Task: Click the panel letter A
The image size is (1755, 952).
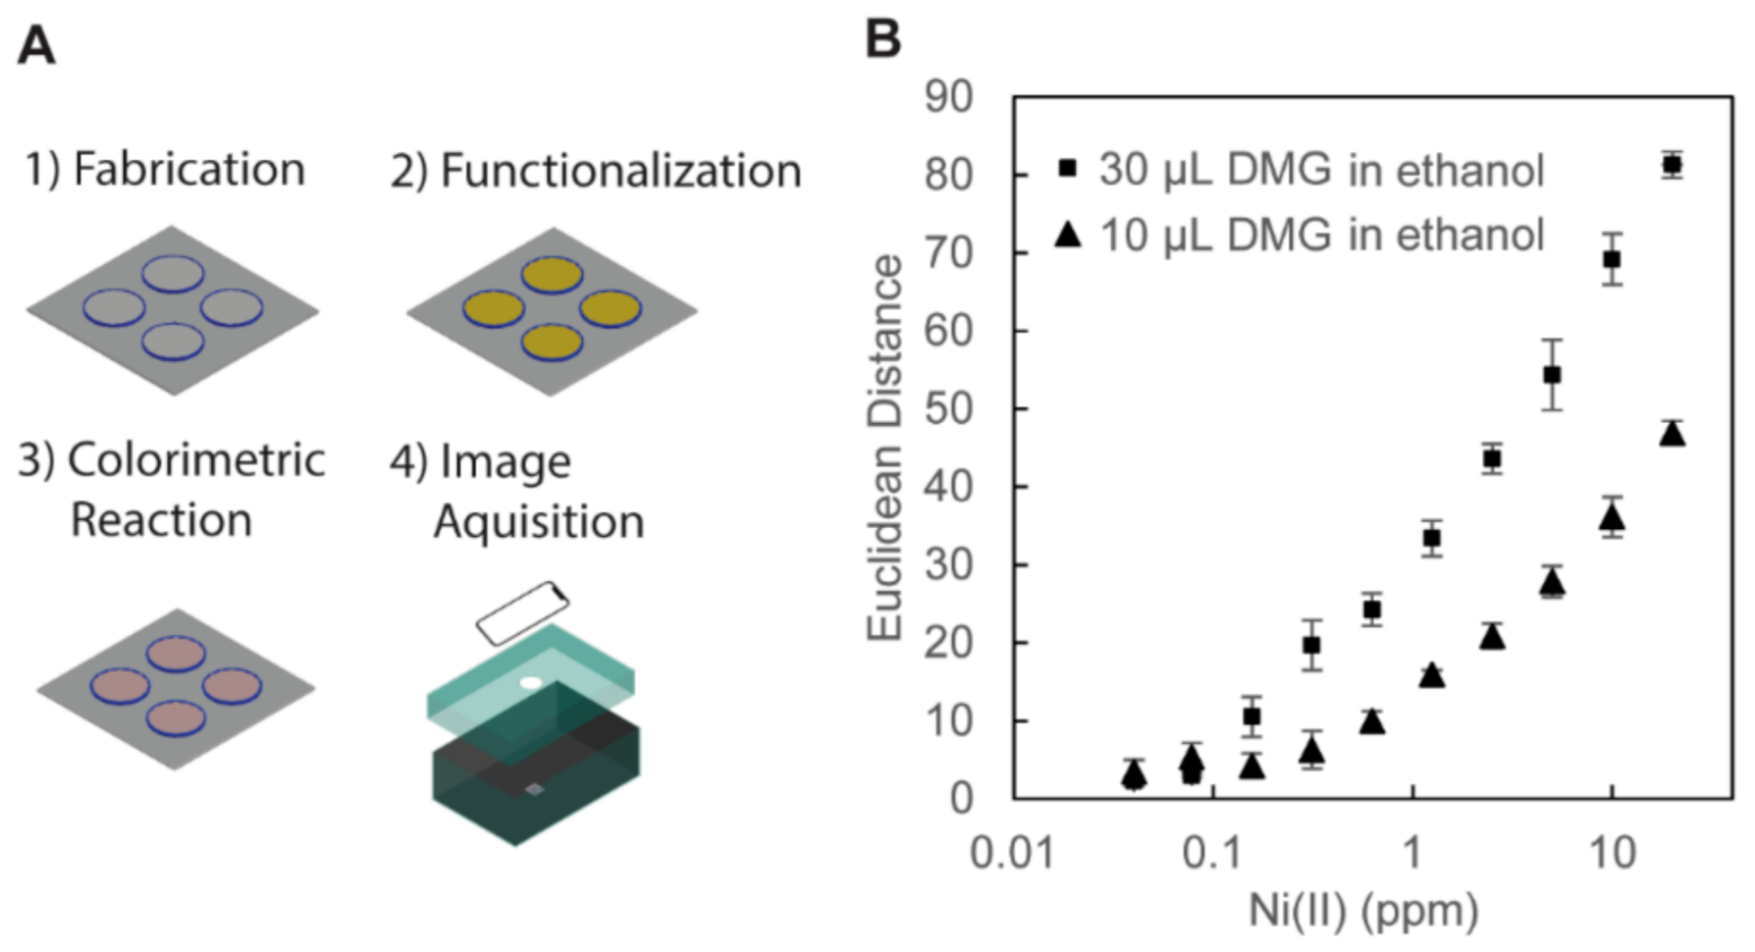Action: (36, 45)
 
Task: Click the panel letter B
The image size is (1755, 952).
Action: (882, 40)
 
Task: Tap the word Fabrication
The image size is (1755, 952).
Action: (188, 169)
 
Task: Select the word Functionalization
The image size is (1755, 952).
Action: (620, 171)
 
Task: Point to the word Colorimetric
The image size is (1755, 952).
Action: (195, 459)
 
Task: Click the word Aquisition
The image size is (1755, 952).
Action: (539, 520)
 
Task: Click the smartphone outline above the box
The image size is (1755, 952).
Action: (522, 612)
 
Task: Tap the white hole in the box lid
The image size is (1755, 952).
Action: (531, 682)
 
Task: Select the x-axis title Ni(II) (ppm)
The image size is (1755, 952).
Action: (1363, 911)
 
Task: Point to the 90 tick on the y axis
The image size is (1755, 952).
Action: (948, 97)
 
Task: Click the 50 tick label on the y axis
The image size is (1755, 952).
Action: (948, 408)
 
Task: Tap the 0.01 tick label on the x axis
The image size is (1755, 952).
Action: (1012, 852)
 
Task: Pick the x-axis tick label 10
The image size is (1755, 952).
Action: (1611, 852)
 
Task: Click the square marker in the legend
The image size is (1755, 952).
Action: (1068, 169)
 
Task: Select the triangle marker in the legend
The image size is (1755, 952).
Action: (1068, 236)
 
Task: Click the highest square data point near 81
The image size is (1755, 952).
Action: (1672, 165)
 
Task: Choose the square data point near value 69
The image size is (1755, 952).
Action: (1612, 259)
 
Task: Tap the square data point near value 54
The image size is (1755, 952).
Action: (1552, 375)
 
